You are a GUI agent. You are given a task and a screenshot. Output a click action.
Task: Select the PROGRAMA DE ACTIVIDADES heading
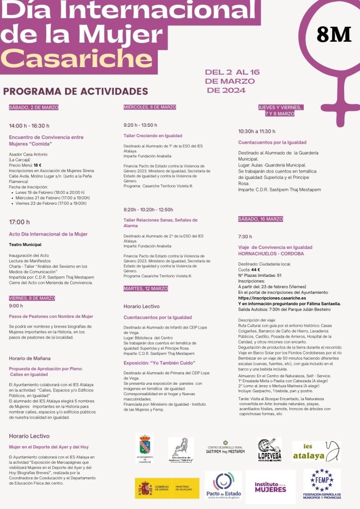pos(76,91)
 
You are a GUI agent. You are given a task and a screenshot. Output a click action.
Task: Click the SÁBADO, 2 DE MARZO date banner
pos(34,107)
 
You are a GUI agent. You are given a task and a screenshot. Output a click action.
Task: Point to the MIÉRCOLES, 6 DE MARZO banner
pos(150,107)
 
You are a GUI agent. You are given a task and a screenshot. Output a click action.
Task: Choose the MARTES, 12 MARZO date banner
pos(146,288)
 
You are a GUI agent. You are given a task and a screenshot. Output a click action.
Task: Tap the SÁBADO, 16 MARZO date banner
pos(261,219)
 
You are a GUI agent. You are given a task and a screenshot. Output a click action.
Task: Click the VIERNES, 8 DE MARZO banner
pos(32,298)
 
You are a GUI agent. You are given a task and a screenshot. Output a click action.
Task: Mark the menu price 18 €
pos(37,165)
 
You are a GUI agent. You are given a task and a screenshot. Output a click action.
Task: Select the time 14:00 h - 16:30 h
pos(29,126)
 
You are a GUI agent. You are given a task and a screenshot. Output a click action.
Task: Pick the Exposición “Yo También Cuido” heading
pos(159,363)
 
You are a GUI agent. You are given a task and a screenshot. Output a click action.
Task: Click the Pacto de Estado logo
pos(223,487)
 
